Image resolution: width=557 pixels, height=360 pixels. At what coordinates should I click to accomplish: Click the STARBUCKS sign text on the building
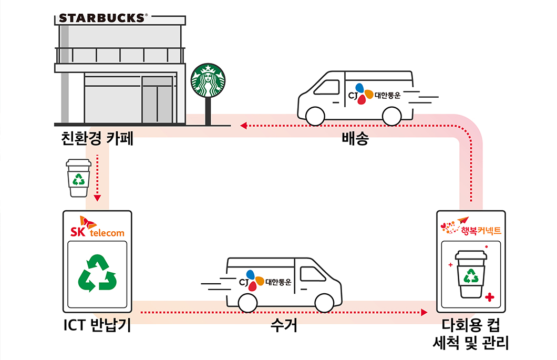(101, 18)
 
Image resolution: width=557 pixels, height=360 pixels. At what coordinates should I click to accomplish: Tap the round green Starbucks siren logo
(207, 80)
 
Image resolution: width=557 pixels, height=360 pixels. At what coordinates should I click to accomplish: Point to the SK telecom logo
(97, 227)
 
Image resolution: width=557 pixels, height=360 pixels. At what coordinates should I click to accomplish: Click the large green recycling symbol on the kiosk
(97, 273)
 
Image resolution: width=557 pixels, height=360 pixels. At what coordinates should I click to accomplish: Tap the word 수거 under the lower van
(284, 326)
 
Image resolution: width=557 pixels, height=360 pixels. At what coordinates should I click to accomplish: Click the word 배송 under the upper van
(355, 139)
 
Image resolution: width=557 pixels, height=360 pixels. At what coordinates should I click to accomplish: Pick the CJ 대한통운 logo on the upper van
(378, 94)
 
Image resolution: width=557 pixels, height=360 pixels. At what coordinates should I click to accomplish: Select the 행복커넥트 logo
(471, 227)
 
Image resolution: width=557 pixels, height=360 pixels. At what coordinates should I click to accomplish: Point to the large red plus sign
(490, 298)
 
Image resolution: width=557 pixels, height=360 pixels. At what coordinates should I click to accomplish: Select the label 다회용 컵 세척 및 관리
(471, 335)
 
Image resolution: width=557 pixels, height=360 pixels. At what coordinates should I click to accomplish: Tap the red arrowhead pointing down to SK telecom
(97, 198)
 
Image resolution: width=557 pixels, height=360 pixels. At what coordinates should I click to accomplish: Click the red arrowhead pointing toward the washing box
(425, 312)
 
